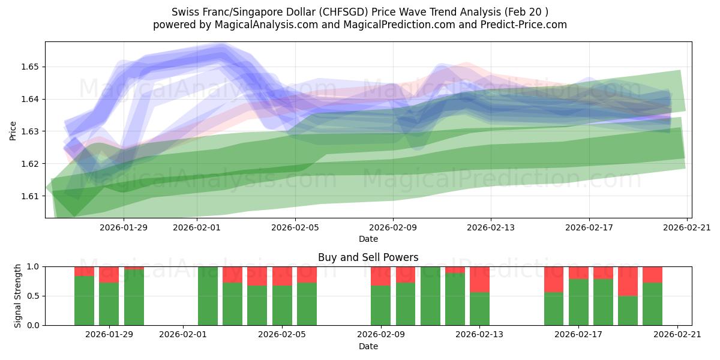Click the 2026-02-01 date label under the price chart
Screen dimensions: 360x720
[x=198, y=227]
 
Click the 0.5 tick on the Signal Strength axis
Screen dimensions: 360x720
[x=34, y=296]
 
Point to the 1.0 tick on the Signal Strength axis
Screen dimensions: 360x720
[x=34, y=266]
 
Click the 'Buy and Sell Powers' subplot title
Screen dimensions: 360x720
[x=368, y=257]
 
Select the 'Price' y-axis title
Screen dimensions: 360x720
[x=13, y=131]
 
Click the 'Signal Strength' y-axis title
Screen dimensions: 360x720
[x=18, y=296]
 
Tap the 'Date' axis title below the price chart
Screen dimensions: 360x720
[x=368, y=239]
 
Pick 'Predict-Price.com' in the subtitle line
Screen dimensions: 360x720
[x=520, y=25]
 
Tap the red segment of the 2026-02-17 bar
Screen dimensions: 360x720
[x=578, y=272]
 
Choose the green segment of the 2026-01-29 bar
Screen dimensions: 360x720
[x=109, y=304]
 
